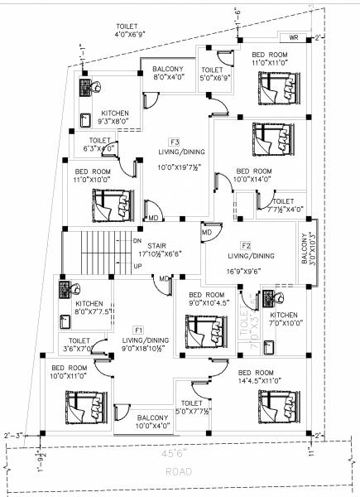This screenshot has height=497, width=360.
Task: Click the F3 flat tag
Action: click(175, 142)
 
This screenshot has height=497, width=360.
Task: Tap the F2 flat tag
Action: click(246, 246)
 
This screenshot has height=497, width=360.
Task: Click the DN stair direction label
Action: click(137, 239)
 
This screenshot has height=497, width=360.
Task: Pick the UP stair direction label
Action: click(137, 267)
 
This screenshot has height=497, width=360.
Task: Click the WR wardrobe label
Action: click(294, 38)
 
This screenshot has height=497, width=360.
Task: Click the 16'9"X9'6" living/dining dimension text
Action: click(248, 270)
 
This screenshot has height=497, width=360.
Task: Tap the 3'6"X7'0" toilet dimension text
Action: click(79, 350)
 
